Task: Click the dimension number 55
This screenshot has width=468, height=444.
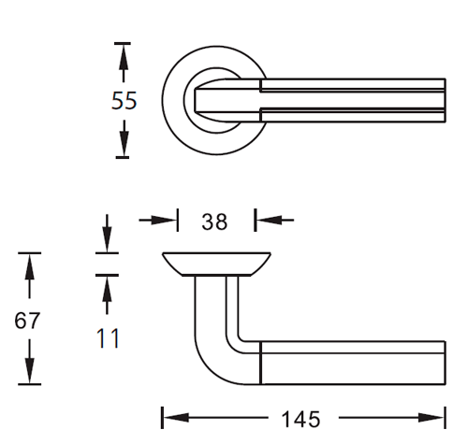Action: click(124, 101)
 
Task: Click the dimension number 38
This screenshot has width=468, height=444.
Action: click(214, 222)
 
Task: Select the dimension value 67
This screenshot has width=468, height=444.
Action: click(27, 321)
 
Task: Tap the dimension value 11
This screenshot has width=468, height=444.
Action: click(108, 338)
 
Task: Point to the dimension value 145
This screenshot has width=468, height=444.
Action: click(300, 419)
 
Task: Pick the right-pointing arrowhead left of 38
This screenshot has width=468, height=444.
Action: click(164, 221)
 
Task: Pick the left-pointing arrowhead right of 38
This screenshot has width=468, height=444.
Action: click(270, 220)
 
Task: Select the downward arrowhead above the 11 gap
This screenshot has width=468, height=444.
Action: click(107, 239)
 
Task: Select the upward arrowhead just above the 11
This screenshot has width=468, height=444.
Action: click(107, 289)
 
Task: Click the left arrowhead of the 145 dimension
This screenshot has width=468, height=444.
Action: click(177, 418)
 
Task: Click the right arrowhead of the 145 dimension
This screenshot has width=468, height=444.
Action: click(431, 418)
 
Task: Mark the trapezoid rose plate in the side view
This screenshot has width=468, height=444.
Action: click(216, 265)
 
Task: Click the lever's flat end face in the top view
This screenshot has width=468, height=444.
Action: click(445, 101)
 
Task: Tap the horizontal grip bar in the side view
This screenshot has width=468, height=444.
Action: click(353, 363)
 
